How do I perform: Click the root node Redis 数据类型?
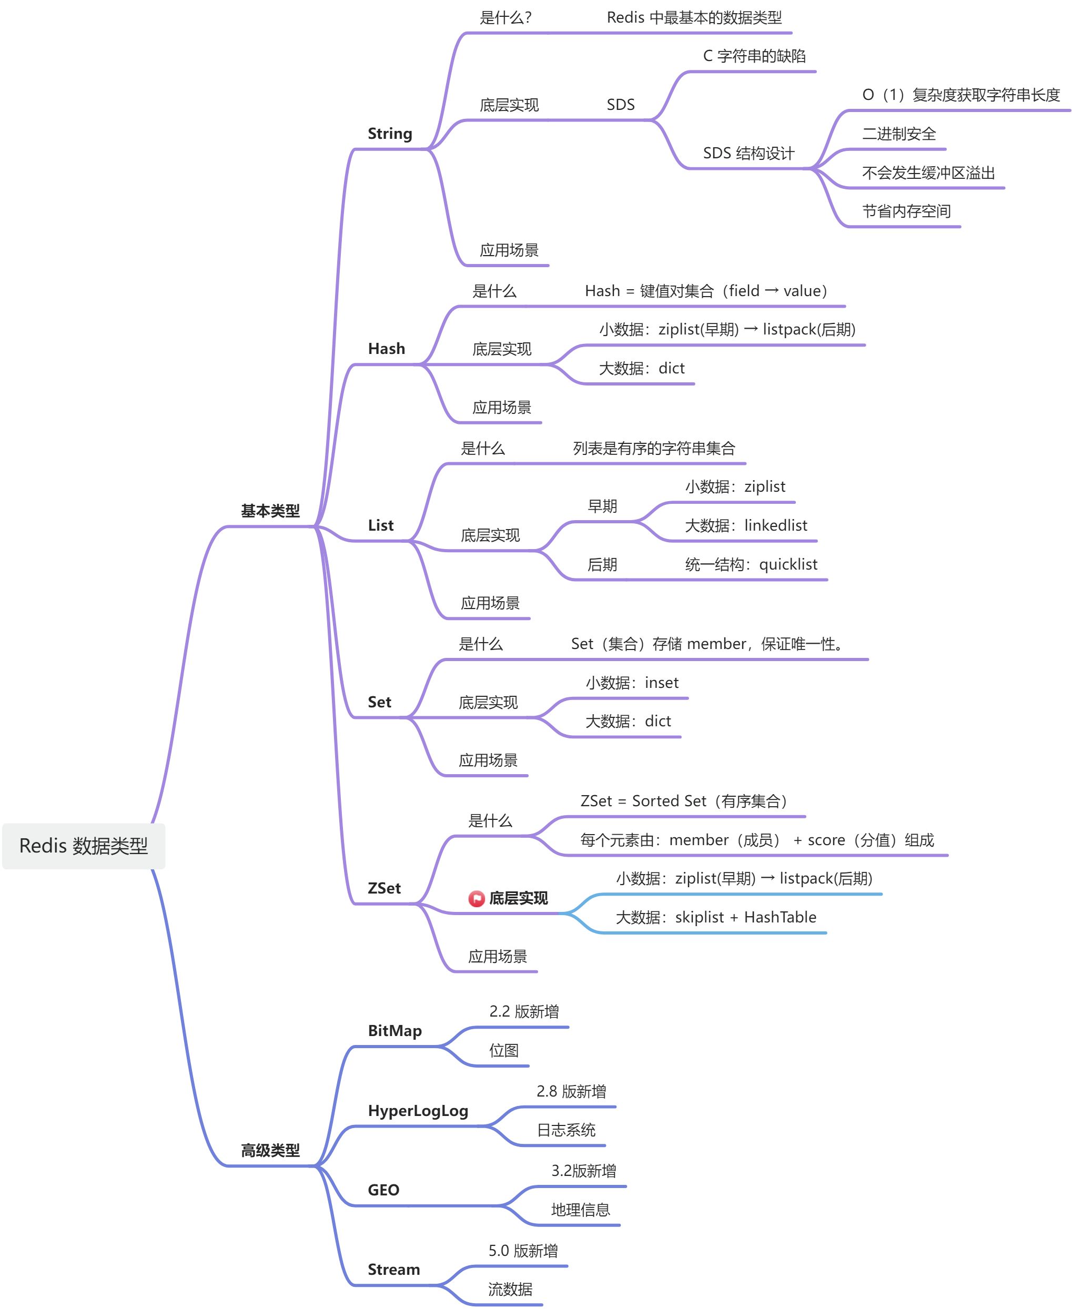83,845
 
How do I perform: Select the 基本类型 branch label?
270,511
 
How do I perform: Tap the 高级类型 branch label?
270,1150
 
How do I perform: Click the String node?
390,134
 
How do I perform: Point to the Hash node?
387,349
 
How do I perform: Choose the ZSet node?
384,888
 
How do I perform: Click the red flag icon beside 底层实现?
476,898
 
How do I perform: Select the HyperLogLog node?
418,1111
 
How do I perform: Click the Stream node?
393,1270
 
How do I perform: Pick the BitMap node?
395,1031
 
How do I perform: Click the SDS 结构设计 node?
749,153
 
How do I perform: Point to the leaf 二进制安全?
898,134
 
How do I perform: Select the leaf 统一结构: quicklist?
751,564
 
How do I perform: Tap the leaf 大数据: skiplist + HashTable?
716,918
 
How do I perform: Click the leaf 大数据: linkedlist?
746,525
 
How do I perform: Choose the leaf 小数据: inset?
632,683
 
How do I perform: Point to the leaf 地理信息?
581,1210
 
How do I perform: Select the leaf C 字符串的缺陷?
754,56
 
